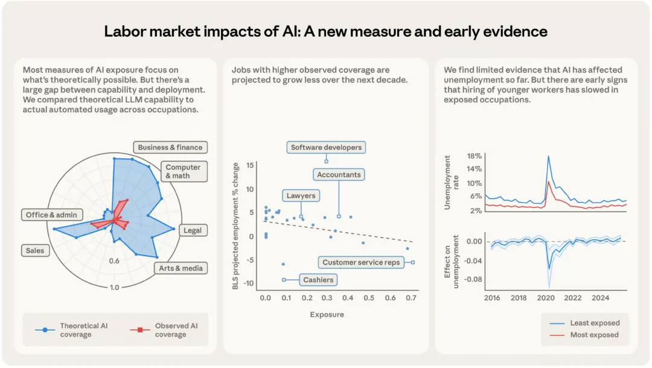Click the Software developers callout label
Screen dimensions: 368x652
pyautogui.click(x=326, y=147)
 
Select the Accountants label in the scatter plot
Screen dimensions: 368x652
pyautogui.click(x=339, y=175)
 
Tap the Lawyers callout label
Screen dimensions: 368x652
pyautogui.click(x=301, y=196)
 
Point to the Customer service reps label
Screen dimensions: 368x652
pyautogui.click(x=361, y=262)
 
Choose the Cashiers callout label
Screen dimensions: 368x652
pyautogui.click(x=318, y=280)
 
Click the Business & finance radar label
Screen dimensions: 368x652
pyautogui.click(x=170, y=147)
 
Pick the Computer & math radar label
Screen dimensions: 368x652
pyautogui.click(x=183, y=172)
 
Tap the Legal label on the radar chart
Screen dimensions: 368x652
pyautogui.click(x=192, y=230)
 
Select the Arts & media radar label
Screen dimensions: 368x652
pyautogui.click(x=181, y=268)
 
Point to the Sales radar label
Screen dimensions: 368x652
pyautogui.click(x=34, y=250)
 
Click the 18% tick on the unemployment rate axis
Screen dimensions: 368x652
pyautogui.click(x=474, y=156)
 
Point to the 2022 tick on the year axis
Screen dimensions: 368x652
pyautogui.click(x=573, y=298)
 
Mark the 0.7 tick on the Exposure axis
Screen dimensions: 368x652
pyautogui.click(x=411, y=298)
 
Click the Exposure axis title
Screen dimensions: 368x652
pyautogui.click(x=327, y=315)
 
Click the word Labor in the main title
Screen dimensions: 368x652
pyautogui.click(x=125, y=31)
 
